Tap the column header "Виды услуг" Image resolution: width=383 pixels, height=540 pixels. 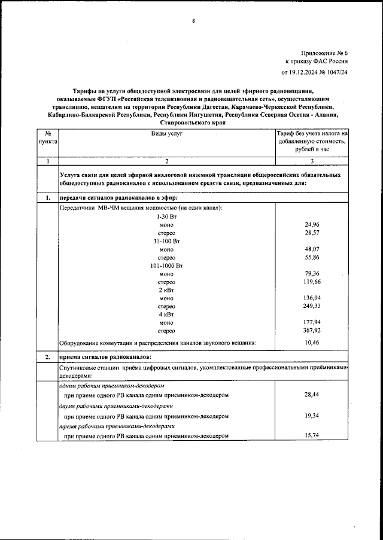[x=166, y=135]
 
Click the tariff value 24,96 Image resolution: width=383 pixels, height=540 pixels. [x=312, y=224]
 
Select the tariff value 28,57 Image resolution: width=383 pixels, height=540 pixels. [x=312, y=232]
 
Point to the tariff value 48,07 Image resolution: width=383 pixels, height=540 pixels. [x=312, y=249]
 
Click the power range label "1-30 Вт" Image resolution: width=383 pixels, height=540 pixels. [x=166, y=216]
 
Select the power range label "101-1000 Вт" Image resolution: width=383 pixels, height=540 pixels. [x=166, y=265]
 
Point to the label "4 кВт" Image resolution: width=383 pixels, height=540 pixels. [x=166, y=314]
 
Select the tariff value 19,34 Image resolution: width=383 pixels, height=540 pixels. [x=312, y=415]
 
